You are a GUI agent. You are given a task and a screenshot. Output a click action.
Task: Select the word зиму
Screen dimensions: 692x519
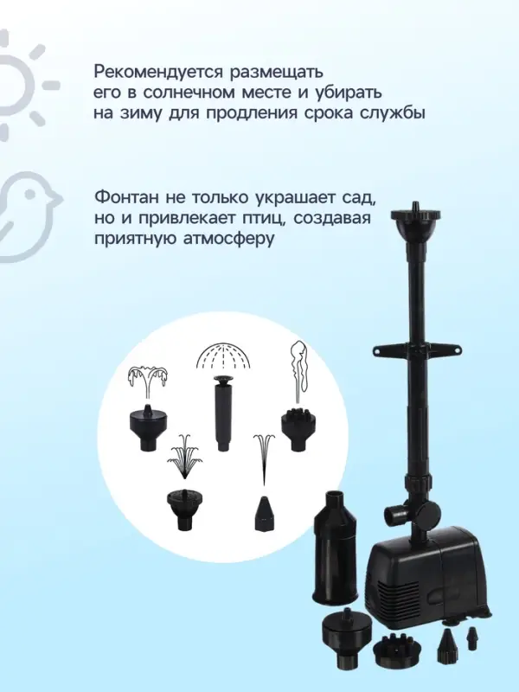click(138, 113)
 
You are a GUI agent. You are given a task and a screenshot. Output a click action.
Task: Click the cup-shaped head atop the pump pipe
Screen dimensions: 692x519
click(416, 230)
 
